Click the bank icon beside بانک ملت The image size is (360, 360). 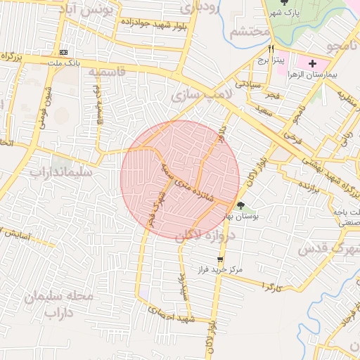tap(64, 52)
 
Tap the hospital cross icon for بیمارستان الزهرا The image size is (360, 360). tap(313, 63)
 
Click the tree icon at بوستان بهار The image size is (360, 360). tap(241, 206)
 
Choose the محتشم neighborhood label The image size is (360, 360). tap(250, 32)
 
